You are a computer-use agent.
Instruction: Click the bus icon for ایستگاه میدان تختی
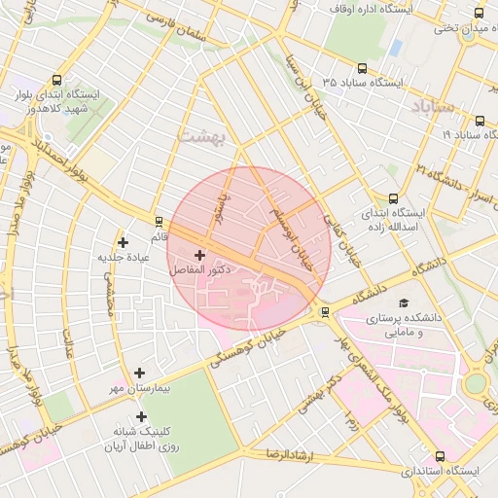[x=479, y=13]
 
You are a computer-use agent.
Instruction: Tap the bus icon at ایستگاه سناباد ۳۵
[x=363, y=68]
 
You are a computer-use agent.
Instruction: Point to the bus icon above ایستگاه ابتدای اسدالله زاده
[x=393, y=196]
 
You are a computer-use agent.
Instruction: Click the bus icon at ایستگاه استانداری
[x=441, y=456]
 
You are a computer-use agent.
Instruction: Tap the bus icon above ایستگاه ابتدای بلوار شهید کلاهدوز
[x=57, y=81]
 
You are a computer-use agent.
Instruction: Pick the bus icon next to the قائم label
[x=157, y=222]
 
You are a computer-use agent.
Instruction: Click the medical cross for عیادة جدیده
[x=123, y=242]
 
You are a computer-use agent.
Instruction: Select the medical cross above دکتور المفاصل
[x=200, y=255]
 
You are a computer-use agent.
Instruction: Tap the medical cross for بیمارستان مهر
[x=140, y=373]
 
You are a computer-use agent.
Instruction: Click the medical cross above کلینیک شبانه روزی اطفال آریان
[x=141, y=416]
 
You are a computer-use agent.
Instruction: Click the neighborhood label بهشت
[x=201, y=135]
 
